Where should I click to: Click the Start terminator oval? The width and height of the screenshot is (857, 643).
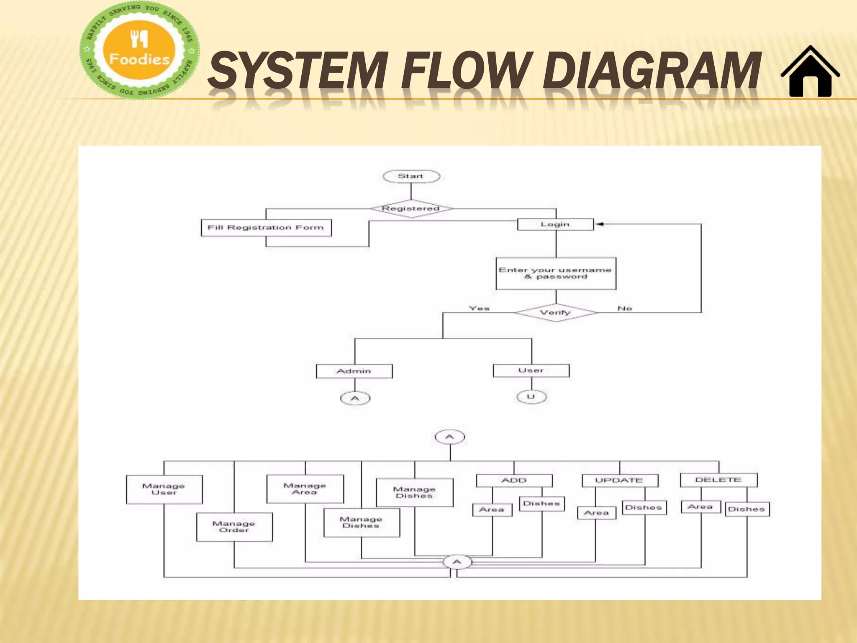(411, 176)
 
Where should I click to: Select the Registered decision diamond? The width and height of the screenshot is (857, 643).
(411, 208)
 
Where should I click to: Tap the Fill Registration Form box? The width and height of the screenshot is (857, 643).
(266, 228)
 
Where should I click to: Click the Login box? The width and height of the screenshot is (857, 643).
(555, 224)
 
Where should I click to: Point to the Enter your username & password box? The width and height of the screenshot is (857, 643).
(556, 273)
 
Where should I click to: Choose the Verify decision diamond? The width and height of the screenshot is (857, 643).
(555, 313)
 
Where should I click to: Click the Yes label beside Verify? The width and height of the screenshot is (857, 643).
(479, 309)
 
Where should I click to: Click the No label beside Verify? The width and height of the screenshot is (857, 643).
(625, 309)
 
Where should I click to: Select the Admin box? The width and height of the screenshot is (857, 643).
(354, 371)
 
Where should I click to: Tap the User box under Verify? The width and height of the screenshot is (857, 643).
(531, 370)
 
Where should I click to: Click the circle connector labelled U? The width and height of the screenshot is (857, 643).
(531, 396)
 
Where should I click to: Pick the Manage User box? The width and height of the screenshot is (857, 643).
(164, 489)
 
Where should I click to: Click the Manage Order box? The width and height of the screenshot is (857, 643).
(234, 527)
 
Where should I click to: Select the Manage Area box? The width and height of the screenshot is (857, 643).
(305, 489)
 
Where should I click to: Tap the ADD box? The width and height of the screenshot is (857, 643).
(514, 481)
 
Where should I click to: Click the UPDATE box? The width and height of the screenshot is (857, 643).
(620, 481)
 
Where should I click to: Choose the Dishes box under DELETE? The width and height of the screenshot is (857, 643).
(747, 509)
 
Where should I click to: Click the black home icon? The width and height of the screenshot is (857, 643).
(810, 72)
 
